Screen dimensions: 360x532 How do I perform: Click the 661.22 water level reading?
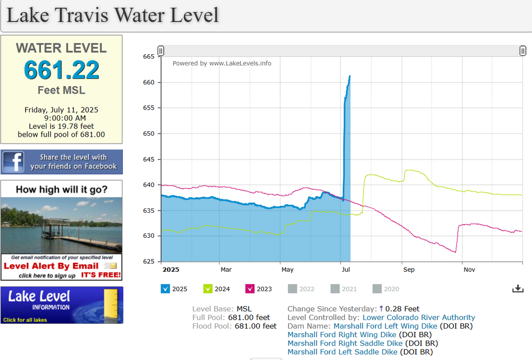pyautogui.click(x=61, y=70)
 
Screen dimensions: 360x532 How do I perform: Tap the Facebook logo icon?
pyautogui.click(x=13, y=162)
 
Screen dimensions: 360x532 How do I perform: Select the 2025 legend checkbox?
pyautogui.click(x=165, y=289)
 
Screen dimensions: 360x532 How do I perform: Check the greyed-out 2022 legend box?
pyautogui.click(x=292, y=289)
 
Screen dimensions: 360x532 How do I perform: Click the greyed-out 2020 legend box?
pyautogui.click(x=377, y=289)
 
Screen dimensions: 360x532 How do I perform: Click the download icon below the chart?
pyautogui.click(x=518, y=288)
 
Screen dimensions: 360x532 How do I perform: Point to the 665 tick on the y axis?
pyautogui.click(x=148, y=56)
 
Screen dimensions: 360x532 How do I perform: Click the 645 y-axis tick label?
pyautogui.click(x=148, y=159)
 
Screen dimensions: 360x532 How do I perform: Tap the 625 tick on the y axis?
pyautogui.click(x=148, y=261)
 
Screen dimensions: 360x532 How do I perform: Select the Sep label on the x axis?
pyautogui.click(x=409, y=270)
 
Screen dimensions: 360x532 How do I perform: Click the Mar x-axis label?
pyautogui.click(x=226, y=270)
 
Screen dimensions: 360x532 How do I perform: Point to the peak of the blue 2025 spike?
pyautogui.click(x=350, y=76)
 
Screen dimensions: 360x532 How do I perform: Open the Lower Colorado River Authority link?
pyautogui.click(x=419, y=317)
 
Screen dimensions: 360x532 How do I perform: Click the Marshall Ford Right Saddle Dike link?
pyautogui.click(x=345, y=343)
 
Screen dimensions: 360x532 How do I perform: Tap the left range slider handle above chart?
pyautogui.click(x=161, y=51)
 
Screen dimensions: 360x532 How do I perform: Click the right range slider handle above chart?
pyautogui.click(x=523, y=51)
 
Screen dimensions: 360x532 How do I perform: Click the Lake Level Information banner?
pyautogui.click(x=62, y=305)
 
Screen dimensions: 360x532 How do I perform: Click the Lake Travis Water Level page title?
pyautogui.click(x=112, y=15)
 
